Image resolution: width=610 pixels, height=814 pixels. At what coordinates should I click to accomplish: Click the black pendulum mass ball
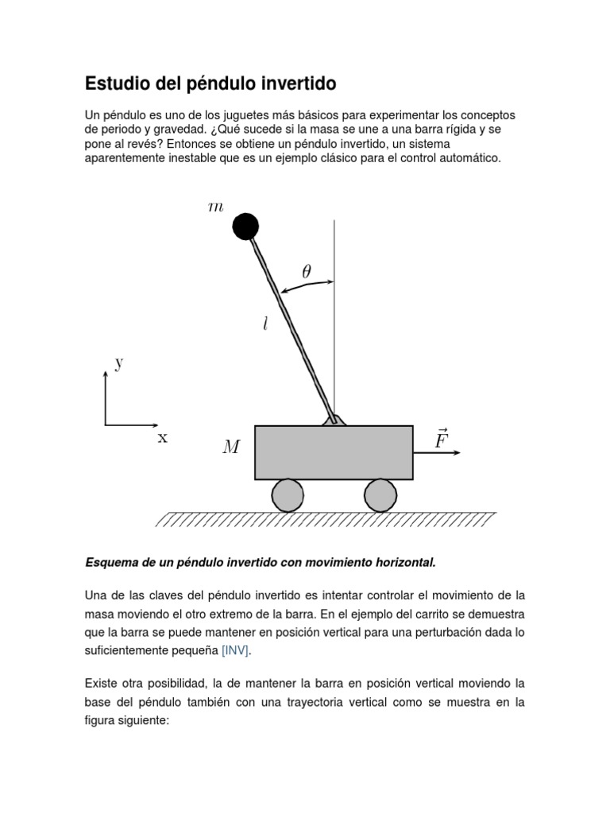[245, 227]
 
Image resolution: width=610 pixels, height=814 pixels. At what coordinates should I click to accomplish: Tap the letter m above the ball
[214, 207]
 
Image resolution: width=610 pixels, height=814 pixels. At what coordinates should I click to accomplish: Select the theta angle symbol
[307, 272]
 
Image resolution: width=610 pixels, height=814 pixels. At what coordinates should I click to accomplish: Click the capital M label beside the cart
[231, 448]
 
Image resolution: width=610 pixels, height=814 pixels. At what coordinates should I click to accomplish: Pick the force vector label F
[442, 439]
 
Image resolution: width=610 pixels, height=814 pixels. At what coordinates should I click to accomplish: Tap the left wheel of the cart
[287, 494]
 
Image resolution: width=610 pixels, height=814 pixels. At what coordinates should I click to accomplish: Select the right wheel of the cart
[380, 494]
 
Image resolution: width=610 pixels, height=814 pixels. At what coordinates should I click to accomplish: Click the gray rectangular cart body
[334, 453]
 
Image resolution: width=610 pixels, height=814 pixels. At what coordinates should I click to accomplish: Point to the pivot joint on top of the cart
[334, 420]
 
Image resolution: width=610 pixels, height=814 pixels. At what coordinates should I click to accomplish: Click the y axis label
[119, 363]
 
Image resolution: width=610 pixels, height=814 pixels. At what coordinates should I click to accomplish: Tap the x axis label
[163, 437]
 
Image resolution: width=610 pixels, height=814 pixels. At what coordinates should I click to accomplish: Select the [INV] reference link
[236, 650]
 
